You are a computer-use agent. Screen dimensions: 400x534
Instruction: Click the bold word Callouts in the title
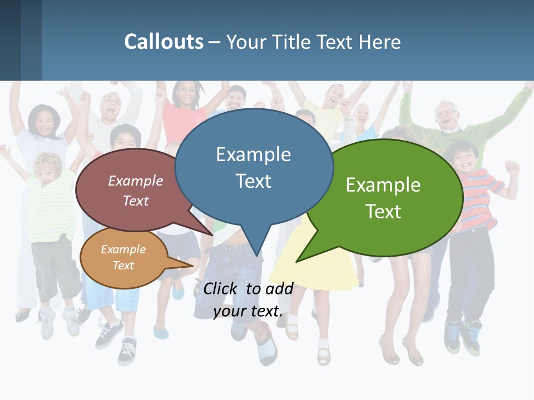click(164, 42)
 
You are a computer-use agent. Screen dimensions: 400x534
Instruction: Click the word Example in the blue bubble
click(253, 154)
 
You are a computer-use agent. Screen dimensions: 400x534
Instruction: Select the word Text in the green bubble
click(383, 211)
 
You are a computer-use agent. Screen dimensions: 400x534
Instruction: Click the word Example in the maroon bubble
click(136, 181)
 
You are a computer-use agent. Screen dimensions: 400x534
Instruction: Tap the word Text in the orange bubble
click(123, 266)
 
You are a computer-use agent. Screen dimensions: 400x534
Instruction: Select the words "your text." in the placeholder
click(248, 311)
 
